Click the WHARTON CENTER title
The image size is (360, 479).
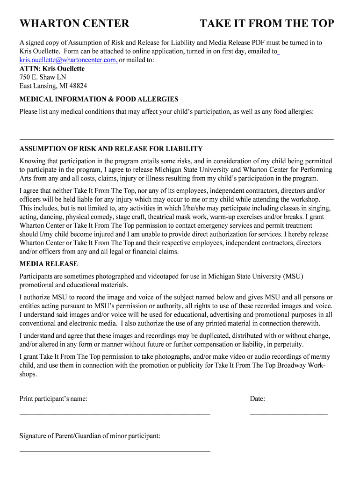pos(74,23)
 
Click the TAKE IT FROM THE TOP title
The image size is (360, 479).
pos(267,23)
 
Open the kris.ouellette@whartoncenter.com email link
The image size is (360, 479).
pos(67,60)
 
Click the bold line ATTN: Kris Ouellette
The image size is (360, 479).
pos(52,69)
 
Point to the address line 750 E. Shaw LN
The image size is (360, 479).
pos(43,77)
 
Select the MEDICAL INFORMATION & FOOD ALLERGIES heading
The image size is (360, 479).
pos(99,99)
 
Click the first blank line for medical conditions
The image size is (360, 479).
pos(176,127)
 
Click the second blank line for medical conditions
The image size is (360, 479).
pos(176,139)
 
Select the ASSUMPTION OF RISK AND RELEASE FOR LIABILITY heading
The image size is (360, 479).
pos(111,149)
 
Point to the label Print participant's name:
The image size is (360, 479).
pos(53,399)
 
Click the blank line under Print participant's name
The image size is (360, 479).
pos(115,414)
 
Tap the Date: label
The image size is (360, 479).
pos(258,399)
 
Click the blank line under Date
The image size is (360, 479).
pos(288,414)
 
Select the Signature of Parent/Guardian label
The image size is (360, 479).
pos(90,436)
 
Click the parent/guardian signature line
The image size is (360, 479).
pos(115,451)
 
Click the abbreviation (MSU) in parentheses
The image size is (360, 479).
pos(293,276)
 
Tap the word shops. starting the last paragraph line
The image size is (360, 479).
pos(28,374)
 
